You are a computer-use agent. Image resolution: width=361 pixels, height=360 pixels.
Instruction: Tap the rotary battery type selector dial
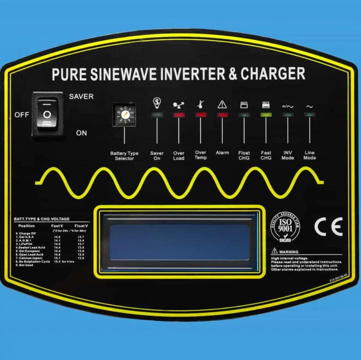click(124, 115)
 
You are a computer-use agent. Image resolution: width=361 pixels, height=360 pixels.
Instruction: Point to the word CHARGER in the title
click(273, 74)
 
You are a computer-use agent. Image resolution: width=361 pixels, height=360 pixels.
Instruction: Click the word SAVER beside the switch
click(81, 97)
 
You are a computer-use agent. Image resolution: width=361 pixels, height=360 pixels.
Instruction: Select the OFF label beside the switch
click(21, 115)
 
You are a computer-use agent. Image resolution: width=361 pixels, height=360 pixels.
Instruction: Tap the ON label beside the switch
click(81, 133)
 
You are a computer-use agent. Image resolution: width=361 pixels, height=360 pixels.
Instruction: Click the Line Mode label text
click(310, 155)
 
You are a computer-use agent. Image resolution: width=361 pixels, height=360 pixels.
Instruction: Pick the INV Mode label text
click(288, 155)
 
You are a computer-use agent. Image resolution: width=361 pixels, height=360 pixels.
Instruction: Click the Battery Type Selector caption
click(124, 156)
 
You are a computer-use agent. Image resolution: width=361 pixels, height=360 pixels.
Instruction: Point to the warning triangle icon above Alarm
click(222, 104)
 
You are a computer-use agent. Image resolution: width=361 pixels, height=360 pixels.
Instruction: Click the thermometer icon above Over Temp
click(200, 103)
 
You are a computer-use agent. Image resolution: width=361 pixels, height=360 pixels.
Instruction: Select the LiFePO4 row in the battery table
click(29, 244)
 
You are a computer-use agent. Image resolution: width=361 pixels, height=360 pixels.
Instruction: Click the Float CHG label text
click(244, 155)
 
